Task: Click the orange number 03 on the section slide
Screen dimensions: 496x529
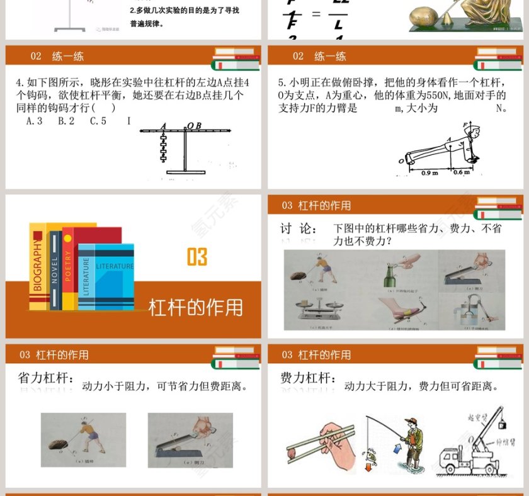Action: coord(197,257)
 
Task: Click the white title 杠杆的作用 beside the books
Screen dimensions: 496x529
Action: coord(195,307)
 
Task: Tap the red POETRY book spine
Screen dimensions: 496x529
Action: coord(67,269)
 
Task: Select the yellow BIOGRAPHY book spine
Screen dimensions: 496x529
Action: coord(37,268)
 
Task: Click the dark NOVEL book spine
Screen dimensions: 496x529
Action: coord(55,271)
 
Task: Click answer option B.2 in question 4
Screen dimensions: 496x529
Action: coord(66,121)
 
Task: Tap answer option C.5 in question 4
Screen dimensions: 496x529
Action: coord(98,121)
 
